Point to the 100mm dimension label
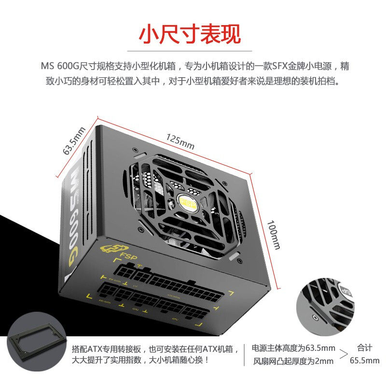tap(274, 235)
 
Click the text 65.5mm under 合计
tap(364, 360)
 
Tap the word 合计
tap(364, 346)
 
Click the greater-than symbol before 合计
tap(343, 354)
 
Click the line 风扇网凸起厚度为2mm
tap(293, 360)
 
